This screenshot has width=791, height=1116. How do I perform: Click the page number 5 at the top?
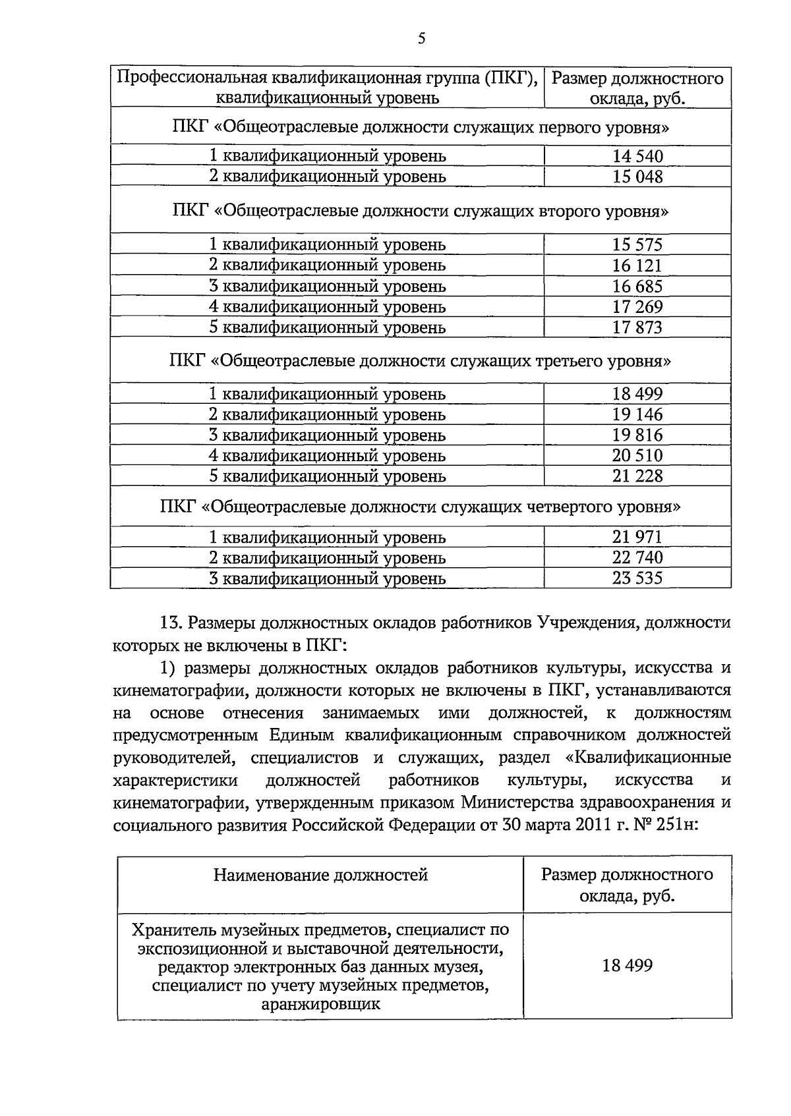tap(421, 39)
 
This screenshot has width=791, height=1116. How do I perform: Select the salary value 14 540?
tap(637, 156)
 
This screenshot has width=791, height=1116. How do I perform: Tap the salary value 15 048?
tap(637, 177)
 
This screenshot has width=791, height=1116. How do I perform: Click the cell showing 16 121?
tap(637, 265)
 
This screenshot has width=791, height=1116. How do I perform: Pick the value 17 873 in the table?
tap(637, 327)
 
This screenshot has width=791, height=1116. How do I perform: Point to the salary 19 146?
tap(637, 414)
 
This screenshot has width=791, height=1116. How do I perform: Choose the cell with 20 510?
tap(637, 455)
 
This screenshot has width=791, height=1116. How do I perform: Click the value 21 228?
tap(637, 476)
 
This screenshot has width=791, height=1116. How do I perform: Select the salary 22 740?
tap(637, 557)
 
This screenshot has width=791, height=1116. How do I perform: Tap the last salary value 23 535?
tap(637, 578)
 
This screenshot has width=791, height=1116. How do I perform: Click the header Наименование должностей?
tap(320, 875)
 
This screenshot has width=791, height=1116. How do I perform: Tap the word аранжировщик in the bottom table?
tap(320, 1005)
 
